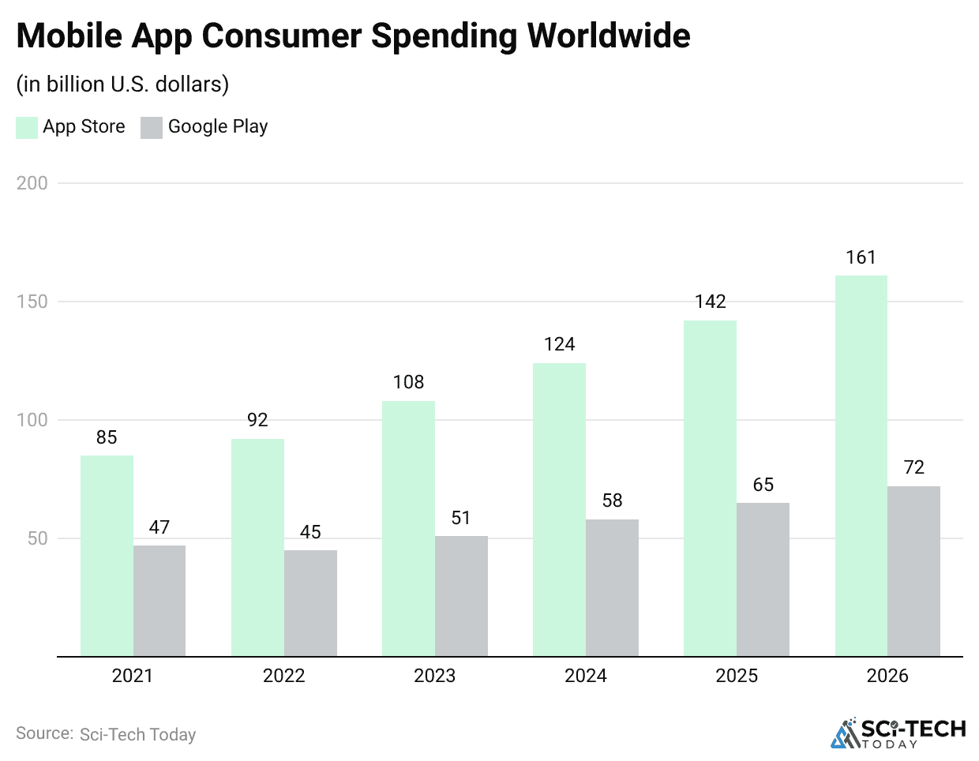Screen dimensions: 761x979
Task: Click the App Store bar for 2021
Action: coord(107,556)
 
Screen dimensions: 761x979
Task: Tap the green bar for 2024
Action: coord(559,509)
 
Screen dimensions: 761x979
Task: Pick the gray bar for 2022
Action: coord(310,603)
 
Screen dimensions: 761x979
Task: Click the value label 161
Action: coord(861,257)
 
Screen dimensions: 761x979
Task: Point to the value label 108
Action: coord(408,382)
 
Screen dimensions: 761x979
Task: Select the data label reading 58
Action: coord(612,500)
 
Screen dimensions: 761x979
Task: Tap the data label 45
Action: coord(310,532)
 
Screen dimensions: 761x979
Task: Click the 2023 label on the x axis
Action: coord(434,676)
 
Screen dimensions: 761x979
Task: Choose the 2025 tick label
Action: coord(736,676)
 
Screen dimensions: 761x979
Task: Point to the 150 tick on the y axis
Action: coord(32,302)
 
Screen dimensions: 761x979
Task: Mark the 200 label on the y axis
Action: coord(32,183)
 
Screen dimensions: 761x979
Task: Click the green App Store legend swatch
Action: coord(27,127)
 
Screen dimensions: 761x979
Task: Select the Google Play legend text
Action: coord(218,126)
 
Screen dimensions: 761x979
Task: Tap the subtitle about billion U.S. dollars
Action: coord(122,84)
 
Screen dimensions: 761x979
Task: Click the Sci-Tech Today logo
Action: coord(898,733)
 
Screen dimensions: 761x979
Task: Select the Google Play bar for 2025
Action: coord(763,579)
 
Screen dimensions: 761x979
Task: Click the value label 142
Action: coord(710,302)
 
